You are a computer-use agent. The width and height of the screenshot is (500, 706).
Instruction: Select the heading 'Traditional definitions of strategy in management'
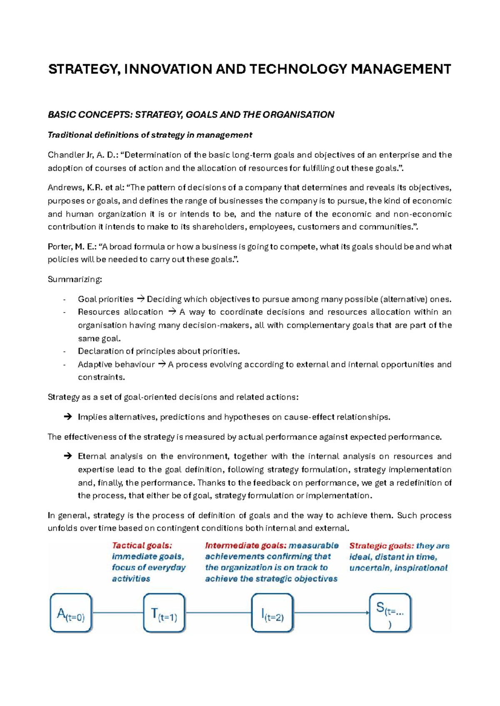150,135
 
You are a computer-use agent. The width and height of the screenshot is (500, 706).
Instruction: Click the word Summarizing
74,279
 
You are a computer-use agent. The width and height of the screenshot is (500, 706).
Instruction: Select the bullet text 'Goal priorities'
105,299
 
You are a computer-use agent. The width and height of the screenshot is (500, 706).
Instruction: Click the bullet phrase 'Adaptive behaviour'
116,365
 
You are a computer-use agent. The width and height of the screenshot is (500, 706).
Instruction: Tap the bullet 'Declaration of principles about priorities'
159,351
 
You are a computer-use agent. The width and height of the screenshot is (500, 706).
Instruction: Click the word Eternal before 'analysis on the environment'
92,457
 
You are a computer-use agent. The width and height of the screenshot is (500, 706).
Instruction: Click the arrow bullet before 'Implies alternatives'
67,417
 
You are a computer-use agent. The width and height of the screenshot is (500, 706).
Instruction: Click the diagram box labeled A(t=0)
71,613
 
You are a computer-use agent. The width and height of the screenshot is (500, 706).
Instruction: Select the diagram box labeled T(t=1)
164,613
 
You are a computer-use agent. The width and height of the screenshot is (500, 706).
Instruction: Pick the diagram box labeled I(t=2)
272,613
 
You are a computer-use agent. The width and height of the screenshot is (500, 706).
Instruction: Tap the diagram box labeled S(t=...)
390,613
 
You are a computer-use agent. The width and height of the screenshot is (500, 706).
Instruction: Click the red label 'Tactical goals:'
142,546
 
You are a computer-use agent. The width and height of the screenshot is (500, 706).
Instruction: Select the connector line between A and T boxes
117,612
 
